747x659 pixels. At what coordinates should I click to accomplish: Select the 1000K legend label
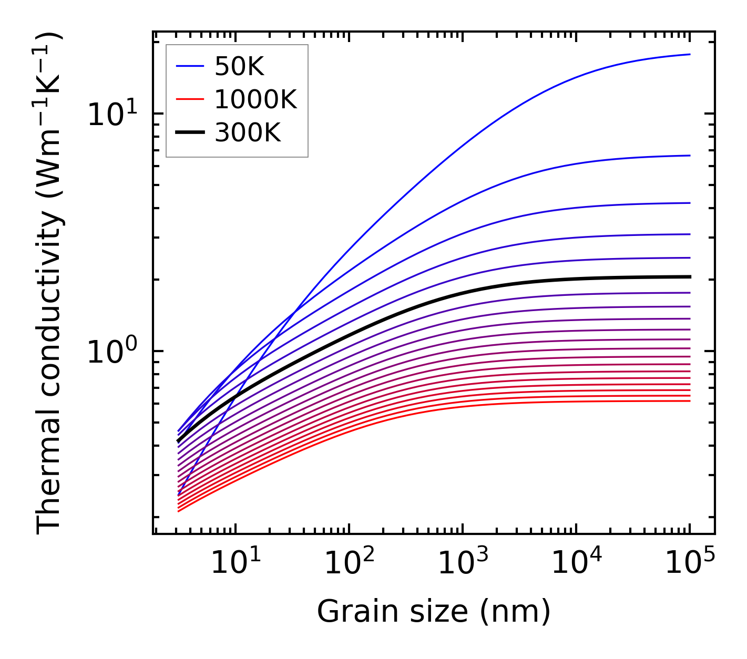tap(255, 99)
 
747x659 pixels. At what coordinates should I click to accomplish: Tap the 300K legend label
tap(248, 133)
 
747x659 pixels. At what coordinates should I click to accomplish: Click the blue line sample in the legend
tap(190, 66)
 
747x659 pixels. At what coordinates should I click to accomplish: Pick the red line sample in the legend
tap(190, 99)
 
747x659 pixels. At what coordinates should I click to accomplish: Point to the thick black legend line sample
tap(190, 133)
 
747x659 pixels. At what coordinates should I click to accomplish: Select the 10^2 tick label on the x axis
tap(349, 563)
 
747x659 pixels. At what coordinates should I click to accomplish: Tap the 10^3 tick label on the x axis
tap(463, 563)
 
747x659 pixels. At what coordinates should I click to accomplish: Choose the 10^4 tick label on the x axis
tap(576, 563)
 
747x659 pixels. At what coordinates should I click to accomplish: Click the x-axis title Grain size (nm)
tap(434, 612)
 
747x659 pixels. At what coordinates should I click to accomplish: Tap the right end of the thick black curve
tap(690, 276)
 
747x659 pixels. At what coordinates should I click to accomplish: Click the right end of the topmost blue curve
tap(690, 54)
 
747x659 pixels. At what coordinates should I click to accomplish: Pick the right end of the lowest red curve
tap(690, 401)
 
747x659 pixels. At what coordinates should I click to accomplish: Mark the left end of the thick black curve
tap(178, 441)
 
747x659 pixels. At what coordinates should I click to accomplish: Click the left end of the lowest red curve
tap(179, 511)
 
